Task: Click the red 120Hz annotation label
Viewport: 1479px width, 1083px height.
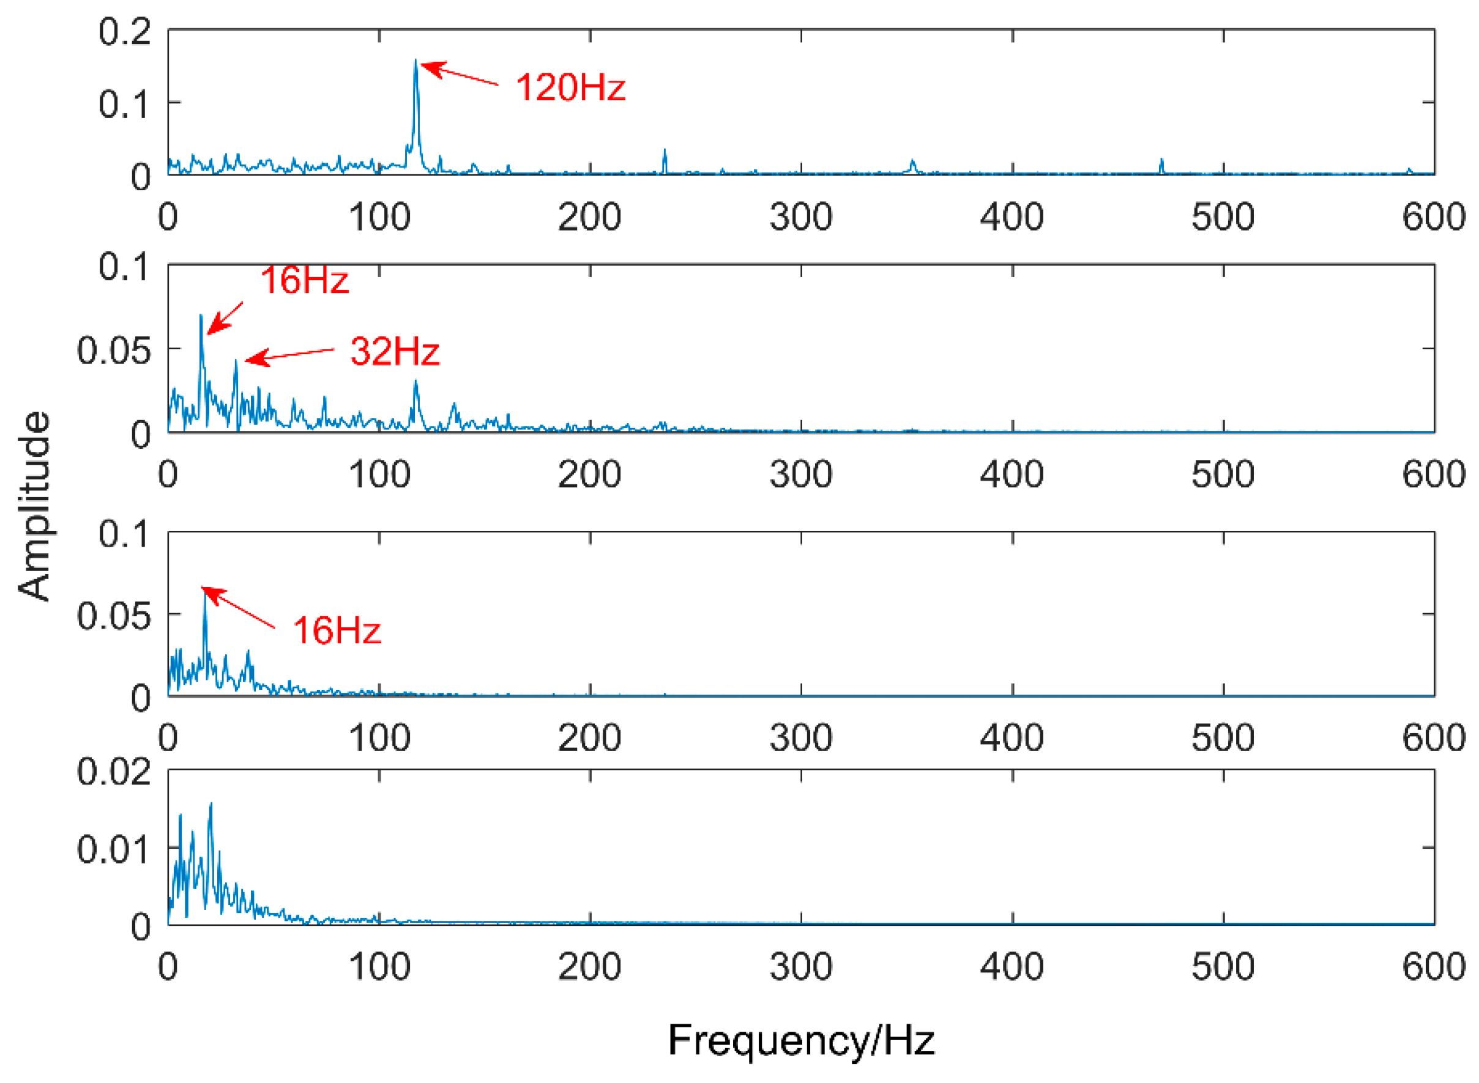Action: [570, 87]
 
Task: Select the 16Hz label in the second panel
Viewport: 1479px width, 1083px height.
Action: [304, 280]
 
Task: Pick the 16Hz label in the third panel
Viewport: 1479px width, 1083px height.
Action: [337, 630]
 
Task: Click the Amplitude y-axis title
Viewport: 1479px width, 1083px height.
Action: [34, 506]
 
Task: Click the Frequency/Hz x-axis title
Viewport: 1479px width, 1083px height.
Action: [801, 1040]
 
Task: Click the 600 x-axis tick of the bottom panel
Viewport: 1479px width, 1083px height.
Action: [1434, 966]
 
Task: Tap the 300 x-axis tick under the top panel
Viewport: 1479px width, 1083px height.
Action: [801, 217]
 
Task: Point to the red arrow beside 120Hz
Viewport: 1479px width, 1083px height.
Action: [459, 74]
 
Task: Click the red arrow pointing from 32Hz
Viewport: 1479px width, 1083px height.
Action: [289, 355]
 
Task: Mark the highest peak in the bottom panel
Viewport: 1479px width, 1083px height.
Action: [210, 804]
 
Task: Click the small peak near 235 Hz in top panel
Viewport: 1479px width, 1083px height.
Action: [665, 152]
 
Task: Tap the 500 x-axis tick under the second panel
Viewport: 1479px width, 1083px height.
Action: [1223, 474]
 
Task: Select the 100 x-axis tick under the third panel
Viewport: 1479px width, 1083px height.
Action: [379, 737]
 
